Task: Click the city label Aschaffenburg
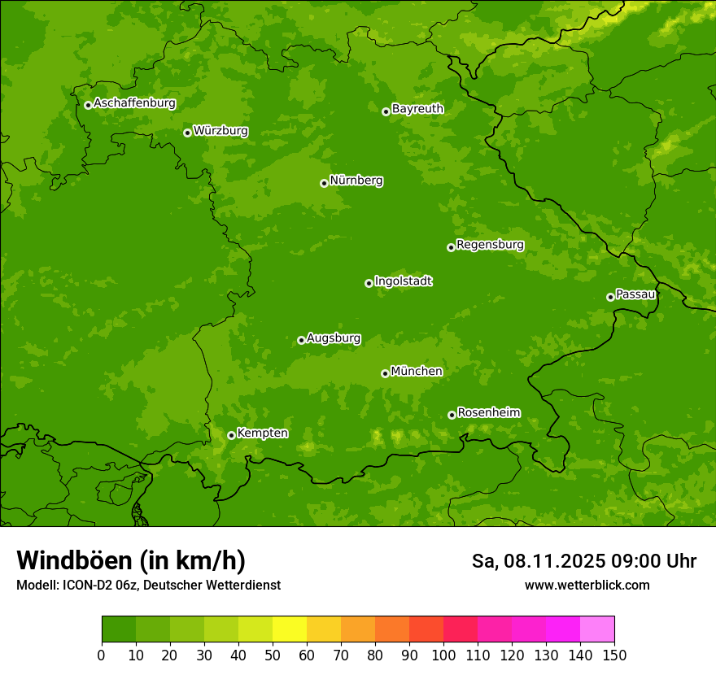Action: tap(134, 103)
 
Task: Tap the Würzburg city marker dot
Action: tap(187, 133)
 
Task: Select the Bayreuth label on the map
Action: tap(417, 109)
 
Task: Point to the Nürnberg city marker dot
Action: tap(324, 183)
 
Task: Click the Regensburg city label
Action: tap(490, 245)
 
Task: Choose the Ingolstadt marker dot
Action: tap(369, 283)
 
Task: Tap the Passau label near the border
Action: tap(635, 294)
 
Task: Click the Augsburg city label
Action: tap(334, 338)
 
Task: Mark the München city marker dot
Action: tap(385, 373)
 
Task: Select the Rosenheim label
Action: tap(488, 413)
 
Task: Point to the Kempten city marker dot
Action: tap(231, 435)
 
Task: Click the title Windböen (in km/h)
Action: tap(131, 560)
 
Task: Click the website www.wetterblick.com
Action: tap(587, 585)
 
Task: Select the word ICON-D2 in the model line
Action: tap(89, 585)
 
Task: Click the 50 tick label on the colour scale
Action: tap(273, 655)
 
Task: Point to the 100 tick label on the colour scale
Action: tap(443, 655)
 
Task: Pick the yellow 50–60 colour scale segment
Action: tap(290, 629)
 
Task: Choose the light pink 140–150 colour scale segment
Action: tap(597, 629)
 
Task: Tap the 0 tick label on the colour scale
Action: tap(102, 655)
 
